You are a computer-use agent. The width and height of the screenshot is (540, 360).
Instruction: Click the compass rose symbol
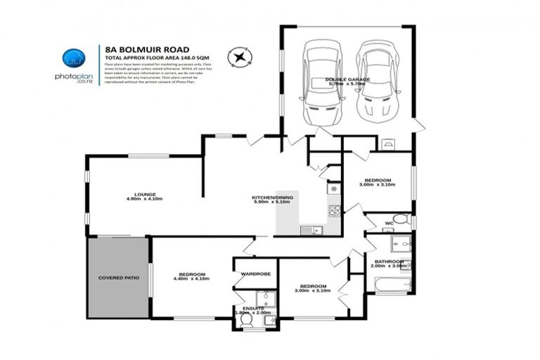pyautogui.click(x=240, y=55)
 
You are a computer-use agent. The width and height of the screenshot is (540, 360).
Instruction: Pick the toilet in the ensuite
pyautogui.click(x=247, y=319)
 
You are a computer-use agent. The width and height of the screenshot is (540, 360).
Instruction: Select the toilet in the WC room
pyautogui.click(x=400, y=219)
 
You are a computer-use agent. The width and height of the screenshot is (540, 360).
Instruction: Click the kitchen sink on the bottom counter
pyautogui.click(x=311, y=230)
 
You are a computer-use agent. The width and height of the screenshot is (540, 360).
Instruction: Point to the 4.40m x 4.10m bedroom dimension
pyautogui.click(x=191, y=279)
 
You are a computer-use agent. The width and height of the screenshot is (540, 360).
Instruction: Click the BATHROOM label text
pyautogui.click(x=390, y=261)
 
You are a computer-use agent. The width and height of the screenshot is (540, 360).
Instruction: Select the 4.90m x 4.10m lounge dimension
pyautogui.click(x=145, y=200)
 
